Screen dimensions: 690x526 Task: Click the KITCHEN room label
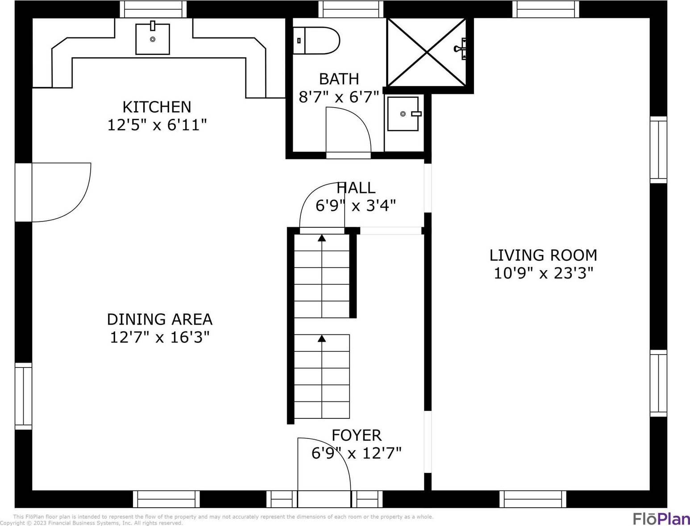[x=157, y=107]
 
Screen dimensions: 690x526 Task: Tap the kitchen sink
[x=153, y=39]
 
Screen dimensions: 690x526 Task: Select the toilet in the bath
[x=316, y=41]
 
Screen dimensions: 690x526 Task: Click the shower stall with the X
[x=426, y=52]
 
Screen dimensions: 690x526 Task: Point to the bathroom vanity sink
[x=403, y=113]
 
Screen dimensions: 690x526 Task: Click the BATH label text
[x=339, y=79]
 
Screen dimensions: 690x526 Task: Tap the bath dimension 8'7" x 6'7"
[x=339, y=97]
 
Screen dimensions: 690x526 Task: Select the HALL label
[x=356, y=188]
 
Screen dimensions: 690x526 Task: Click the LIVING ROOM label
[x=543, y=255]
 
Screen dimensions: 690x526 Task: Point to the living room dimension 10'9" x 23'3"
[x=543, y=273]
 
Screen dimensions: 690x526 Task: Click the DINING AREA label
[x=160, y=319]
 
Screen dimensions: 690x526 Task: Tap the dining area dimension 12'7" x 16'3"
[x=160, y=338]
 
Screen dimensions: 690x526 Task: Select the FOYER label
[x=357, y=435]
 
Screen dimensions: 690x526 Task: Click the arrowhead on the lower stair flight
[x=322, y=338]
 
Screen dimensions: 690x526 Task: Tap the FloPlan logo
[x=661, y=518]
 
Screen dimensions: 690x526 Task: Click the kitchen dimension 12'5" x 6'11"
[x=157, y=125]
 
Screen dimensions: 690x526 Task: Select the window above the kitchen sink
[x=154, y=9]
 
